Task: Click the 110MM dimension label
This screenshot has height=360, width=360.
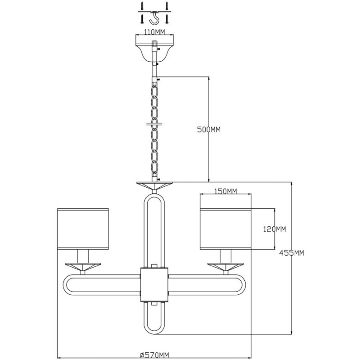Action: (154, 32)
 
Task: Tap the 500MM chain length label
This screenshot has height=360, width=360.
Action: (209, 130)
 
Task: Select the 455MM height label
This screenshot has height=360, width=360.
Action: (292, 253)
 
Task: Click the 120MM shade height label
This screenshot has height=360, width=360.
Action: (274, 229)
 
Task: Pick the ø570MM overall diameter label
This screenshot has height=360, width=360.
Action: (154, 355)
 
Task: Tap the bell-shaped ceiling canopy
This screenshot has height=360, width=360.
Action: (154, 49)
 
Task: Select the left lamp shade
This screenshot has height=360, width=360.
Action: (83, 229)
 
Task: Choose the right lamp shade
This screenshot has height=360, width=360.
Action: (226, 229)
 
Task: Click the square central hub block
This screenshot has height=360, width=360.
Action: (154, 285)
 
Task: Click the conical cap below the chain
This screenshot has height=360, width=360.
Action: (154, 185)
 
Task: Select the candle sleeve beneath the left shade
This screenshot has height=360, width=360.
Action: (83, 256)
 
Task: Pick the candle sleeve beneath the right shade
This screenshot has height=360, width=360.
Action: (226, 256)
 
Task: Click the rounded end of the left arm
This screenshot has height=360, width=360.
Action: (65, 285)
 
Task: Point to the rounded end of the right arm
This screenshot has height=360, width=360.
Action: (244, 285)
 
